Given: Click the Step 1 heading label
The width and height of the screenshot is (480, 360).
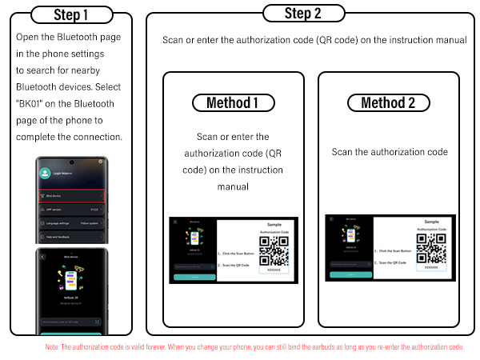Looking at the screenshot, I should [x=71, y=15].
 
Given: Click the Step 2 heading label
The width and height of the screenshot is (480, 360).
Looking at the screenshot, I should [x=304, y=14].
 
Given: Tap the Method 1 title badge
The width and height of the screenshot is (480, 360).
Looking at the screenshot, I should [x=232, y=102].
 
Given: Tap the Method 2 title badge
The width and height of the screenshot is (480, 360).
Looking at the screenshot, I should [x=388, y=102].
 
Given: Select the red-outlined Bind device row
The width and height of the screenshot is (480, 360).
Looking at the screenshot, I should [x=71, y=196].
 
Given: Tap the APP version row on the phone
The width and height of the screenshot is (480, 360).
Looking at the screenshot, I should [x=71, y=210].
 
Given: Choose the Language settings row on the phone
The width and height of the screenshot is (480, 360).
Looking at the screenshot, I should [x=71, y=223].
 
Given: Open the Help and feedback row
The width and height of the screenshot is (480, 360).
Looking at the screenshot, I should [x=71, y=238].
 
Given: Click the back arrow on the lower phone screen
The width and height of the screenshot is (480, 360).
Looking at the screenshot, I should [x=43, y=258].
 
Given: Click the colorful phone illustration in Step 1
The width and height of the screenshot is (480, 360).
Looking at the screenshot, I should [x=71, y=282].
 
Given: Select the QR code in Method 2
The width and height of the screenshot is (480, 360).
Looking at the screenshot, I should [x=431, y=248].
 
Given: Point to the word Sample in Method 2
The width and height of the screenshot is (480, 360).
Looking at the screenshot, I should [x=431, y=222].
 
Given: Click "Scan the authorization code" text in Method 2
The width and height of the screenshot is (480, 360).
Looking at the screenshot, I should [x=390, y=152].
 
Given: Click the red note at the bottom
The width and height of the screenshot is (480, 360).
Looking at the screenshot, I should [x=254, y=347].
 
